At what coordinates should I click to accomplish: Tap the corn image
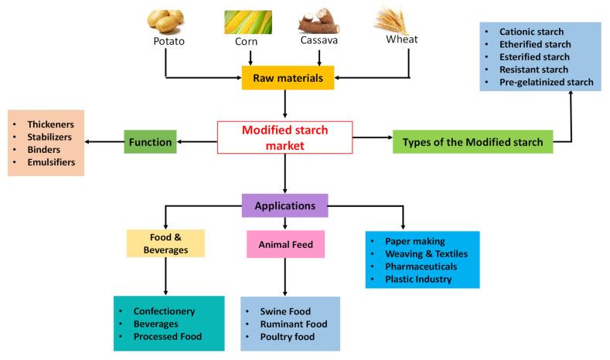pos(249,21)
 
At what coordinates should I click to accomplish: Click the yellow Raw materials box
pos(287,77)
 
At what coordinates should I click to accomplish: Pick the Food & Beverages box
pos(165,243)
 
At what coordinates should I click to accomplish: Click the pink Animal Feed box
pos(285,244)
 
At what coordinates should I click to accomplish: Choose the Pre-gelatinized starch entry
pos(546,82)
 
